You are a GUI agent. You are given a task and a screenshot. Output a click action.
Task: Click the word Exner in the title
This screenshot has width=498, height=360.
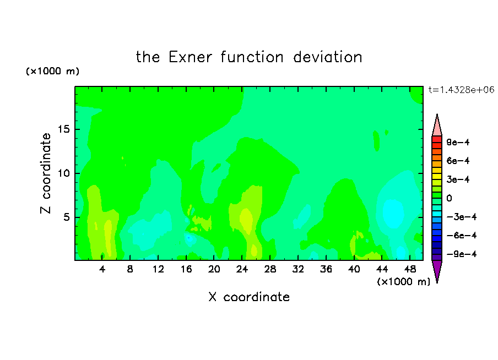coord(190,57)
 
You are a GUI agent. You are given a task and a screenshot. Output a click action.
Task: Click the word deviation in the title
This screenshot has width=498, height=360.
coord(327,57)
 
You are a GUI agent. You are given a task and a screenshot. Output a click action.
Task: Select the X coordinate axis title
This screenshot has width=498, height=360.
coord(249,297)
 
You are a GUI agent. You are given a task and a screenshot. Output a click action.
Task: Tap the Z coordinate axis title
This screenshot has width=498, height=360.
coord(46,173)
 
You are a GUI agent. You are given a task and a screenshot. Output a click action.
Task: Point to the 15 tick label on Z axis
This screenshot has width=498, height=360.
coord(63,129)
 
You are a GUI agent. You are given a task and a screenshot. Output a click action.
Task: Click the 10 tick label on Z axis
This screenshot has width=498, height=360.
coord(63,173)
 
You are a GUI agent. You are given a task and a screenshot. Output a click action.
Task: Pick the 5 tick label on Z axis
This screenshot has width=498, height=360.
coord(66,217)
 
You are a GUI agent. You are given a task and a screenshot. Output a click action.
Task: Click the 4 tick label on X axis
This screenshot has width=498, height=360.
coord(102,269)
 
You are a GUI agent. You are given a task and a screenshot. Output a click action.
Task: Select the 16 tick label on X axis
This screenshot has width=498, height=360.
coord(186,269)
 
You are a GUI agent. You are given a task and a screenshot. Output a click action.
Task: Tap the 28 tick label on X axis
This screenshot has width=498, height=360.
coord(270,269)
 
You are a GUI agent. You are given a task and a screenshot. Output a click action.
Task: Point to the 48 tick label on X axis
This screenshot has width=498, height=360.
coord(410,269)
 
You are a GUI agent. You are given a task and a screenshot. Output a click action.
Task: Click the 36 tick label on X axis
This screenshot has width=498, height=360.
coord(326,269)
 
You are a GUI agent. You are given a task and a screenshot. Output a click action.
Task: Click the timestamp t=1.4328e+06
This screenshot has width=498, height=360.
coord(461,90)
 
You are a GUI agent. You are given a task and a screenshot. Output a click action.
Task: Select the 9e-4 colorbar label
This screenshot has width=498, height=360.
coord(458,142)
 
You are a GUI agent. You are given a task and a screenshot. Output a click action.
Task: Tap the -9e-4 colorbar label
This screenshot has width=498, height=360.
coord(462,254)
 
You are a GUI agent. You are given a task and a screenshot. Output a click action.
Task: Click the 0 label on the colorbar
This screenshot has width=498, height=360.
coord(449,198)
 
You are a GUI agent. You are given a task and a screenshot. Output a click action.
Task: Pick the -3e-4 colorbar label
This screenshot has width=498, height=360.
coord(462,217)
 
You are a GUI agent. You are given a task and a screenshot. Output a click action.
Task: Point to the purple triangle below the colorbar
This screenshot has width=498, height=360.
coord(437,270)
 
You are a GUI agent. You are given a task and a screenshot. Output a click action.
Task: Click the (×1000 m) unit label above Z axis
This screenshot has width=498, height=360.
coord(52,71)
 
